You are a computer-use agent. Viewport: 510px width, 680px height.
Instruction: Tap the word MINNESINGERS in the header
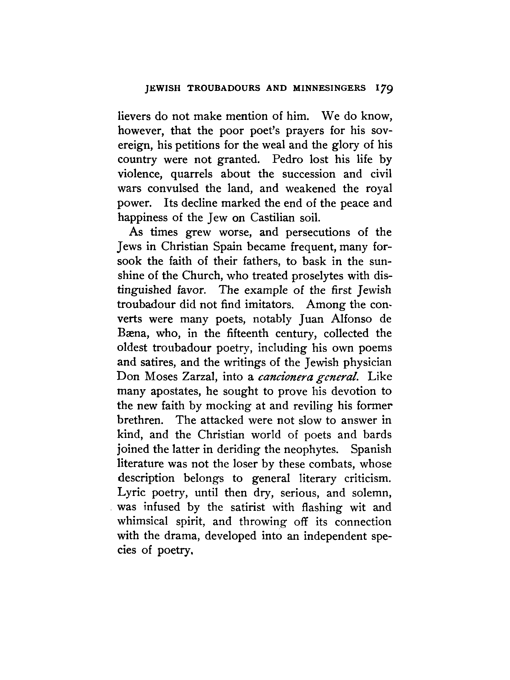pyautogui.click(x=329, y=88)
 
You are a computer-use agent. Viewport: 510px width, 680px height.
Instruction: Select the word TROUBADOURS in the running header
pyautogui.click(x=224, y=88)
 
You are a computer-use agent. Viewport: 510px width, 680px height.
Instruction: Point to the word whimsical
pyautogui.click(x=143, y=522)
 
